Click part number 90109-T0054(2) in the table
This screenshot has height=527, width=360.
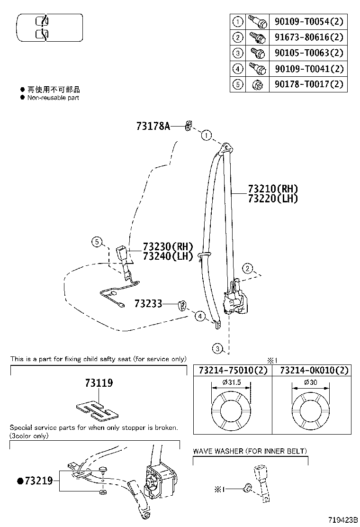pos(308,21)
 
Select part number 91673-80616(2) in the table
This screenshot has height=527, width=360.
pos(308,37)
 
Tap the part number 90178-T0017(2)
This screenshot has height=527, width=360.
pos(308,84)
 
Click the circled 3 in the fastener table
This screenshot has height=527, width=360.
pos(238,53)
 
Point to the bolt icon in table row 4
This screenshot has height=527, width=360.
pos(257,69)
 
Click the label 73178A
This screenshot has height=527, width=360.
pos(153,126)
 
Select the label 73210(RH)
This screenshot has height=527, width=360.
pos(273,189)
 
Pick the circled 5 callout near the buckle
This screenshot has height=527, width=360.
pos(97,243)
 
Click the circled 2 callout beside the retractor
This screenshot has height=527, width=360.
pos(247,269)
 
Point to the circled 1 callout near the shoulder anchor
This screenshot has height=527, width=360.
pos(206,136)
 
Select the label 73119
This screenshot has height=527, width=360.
pos(99,383)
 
